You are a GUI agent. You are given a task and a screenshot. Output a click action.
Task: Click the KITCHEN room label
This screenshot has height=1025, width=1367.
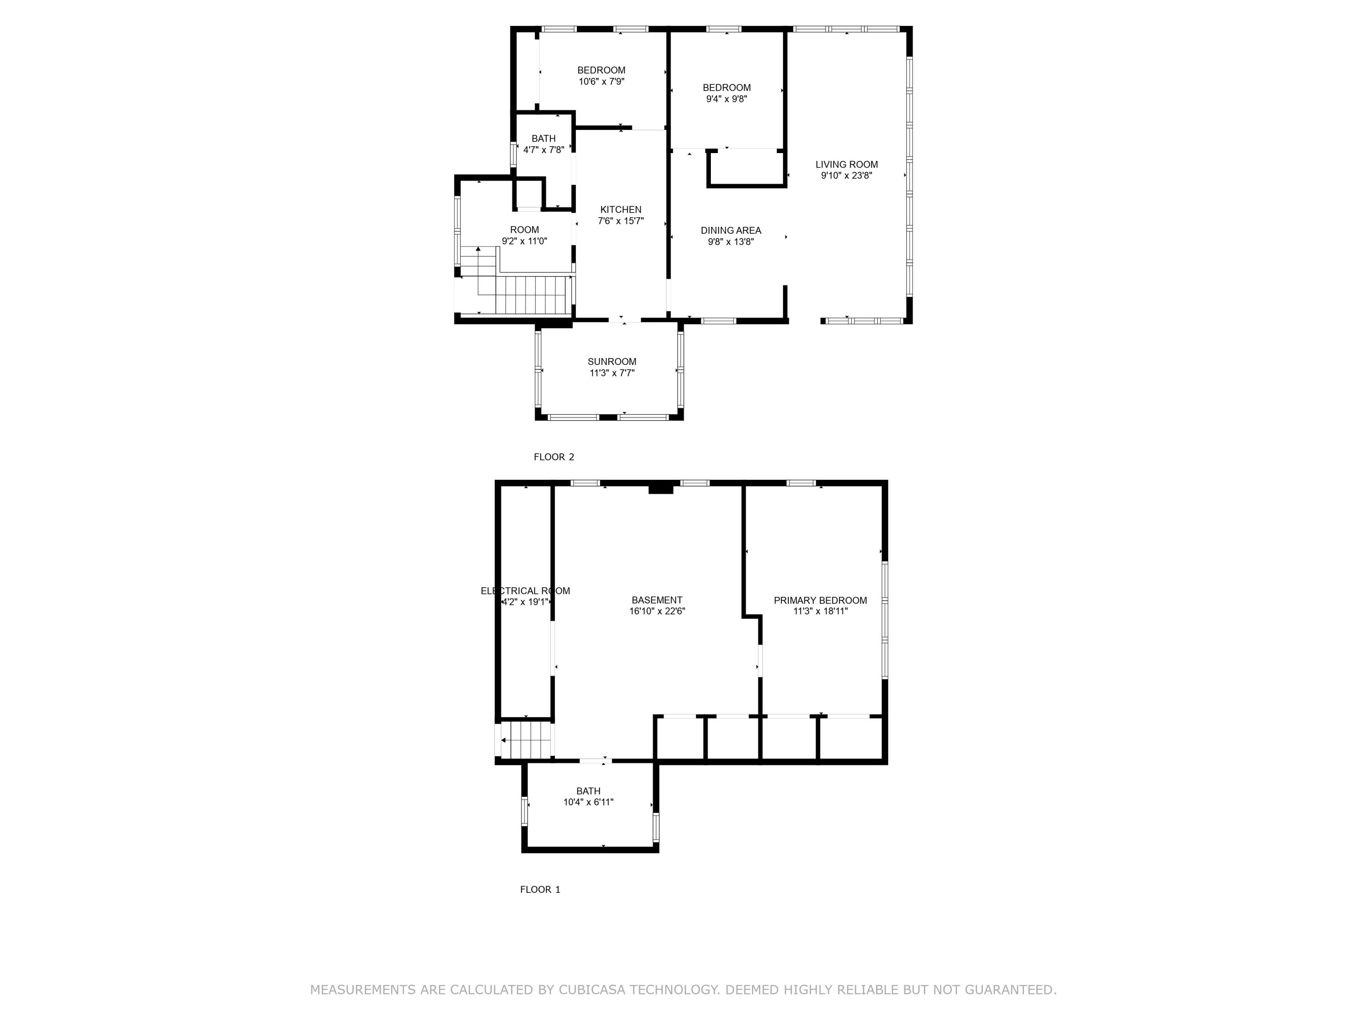click(621, 210)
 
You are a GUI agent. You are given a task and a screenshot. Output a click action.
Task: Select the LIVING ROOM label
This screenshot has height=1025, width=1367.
click(846, 164)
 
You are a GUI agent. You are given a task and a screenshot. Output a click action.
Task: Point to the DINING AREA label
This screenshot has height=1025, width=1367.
click(730, 231)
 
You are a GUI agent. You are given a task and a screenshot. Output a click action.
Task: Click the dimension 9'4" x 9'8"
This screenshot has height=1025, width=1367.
click(726, 99)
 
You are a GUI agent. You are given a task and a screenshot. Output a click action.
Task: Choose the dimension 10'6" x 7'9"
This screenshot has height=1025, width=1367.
click(601, 82)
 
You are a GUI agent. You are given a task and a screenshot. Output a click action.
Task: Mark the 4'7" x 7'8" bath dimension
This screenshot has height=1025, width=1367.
click(543, 149)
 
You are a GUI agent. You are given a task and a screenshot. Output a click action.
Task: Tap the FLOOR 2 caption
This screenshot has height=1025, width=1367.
click(554, 457)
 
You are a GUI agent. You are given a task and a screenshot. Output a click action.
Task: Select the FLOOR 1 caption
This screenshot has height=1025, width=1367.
click(540, 890)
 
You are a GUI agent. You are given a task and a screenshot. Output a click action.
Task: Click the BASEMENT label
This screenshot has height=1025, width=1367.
click(657, 600)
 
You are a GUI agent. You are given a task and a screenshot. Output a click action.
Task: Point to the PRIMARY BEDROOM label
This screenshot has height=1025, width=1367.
click(820, 600)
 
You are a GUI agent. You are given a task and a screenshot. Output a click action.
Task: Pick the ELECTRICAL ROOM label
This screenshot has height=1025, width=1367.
click(525, 591)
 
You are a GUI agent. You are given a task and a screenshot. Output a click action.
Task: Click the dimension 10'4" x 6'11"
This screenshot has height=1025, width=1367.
click(588, 802)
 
